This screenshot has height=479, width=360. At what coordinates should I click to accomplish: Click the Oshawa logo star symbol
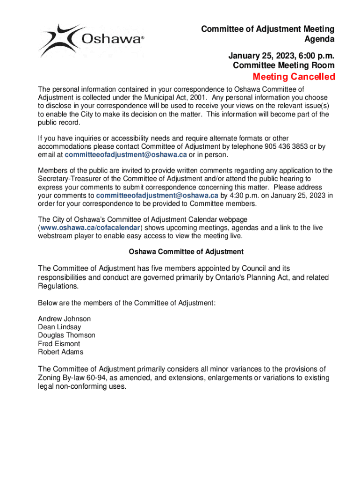(58, 39)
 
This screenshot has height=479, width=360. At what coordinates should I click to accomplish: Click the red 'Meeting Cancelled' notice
(294, 77)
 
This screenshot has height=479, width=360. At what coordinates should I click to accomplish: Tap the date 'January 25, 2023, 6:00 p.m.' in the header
(281, 56)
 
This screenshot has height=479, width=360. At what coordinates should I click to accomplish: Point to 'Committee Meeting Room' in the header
(283, 65)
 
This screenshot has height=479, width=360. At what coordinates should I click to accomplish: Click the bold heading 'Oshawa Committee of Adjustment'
(186, 252)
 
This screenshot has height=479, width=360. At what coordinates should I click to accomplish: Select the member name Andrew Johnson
(65, 319)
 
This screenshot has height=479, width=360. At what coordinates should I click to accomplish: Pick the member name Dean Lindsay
(59, 327)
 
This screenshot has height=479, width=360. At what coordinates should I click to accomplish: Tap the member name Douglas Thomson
(66, 335)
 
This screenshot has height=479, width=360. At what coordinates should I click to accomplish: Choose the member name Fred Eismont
(59, 344)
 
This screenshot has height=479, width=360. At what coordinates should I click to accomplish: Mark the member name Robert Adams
(61, 352)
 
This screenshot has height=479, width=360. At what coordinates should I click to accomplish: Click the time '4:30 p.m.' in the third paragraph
(242, 195)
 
